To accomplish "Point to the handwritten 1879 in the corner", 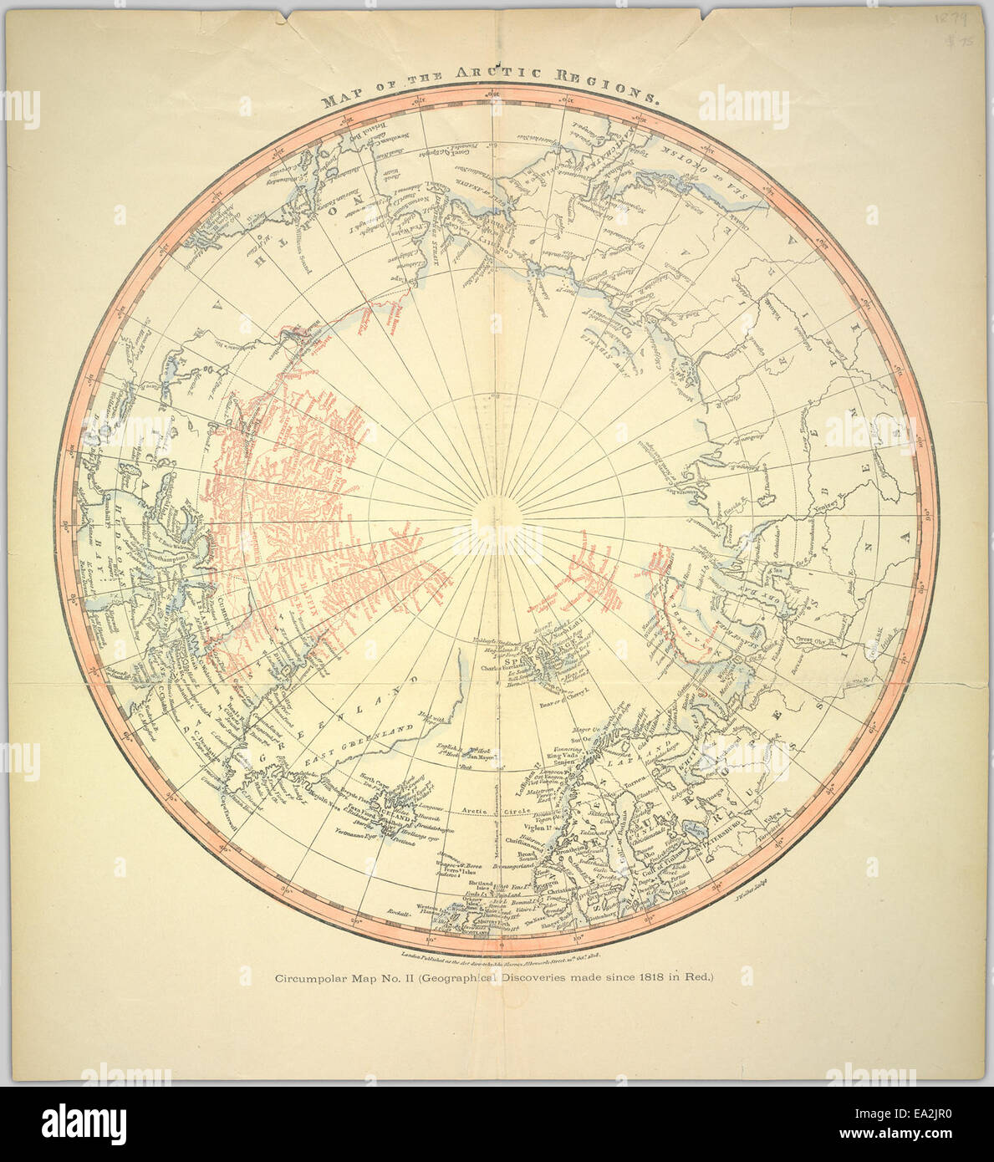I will pyautogui.click(x=950, y=19).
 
